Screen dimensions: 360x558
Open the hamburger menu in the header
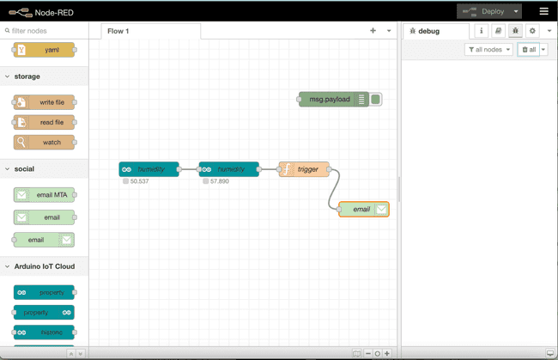click(543, 11)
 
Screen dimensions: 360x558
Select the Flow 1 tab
click(118, 31)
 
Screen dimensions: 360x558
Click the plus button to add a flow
click(373, 31)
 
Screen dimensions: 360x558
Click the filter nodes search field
click(47, 31)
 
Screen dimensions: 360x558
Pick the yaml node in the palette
click(44, 50)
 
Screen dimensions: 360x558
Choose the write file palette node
click(44, 102)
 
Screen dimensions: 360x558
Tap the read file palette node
click(44, 122)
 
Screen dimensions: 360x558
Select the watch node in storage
click(44, 142)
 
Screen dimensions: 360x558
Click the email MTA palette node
click(44, 195)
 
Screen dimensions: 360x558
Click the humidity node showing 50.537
click(149, 169)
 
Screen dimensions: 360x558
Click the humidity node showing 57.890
click(228, 169)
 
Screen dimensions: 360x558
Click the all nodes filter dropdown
click(488, 50)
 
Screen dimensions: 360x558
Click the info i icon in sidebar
click(481, 31)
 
